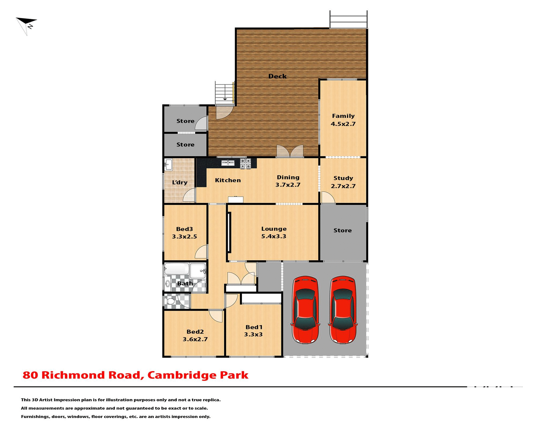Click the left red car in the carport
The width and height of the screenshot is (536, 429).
305,310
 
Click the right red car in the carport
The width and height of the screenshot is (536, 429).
343,310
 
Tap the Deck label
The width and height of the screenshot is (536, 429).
277,76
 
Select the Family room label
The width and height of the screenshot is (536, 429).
343,120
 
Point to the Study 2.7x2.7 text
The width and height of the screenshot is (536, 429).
343,182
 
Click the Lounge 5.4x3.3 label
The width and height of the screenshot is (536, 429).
274,232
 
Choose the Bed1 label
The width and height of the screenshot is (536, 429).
253,331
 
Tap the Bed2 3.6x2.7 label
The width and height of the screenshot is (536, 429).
195,335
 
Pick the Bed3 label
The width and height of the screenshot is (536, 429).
184,233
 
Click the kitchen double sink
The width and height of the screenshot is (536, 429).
228,163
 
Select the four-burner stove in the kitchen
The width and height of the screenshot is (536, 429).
245,163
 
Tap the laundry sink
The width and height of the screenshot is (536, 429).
168,165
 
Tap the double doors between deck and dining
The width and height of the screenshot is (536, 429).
290,151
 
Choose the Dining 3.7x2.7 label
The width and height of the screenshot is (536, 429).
288,181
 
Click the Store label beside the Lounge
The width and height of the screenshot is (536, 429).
343,230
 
